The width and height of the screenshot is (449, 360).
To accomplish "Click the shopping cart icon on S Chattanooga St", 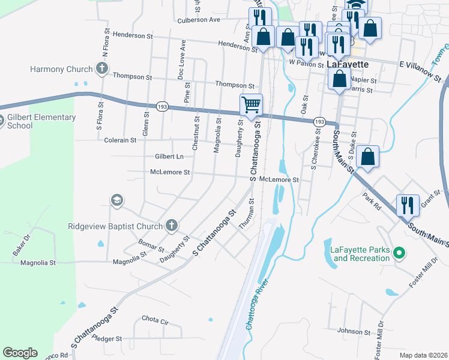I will click(x=251, y=104).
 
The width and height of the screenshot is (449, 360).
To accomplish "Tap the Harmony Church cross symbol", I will click(x=102, y=69).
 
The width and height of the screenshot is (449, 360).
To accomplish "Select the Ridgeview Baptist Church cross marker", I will click(x=172, y=226).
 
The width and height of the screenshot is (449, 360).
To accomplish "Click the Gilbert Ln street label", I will click(x=169, y=156).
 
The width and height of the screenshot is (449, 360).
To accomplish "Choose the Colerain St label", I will click(x=121, y=140).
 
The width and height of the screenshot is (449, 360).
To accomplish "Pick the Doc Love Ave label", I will click(x=181, y=58).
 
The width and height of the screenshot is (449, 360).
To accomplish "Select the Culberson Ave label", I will click(x=199, y=20).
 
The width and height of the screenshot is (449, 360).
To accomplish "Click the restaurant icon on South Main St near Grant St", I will click(x=408, y=205).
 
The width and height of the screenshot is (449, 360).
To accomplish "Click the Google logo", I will click(x=19, y=353).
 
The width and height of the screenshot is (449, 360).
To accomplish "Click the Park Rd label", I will click(x=372, y=201).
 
